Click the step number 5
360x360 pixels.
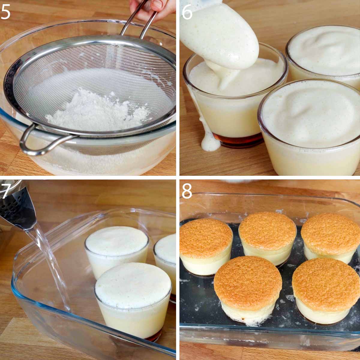click(x=6, y=12)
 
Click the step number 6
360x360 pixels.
click(x=187, y=12)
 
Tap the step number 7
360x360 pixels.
click(x=6, y=190)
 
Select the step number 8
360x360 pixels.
click(x=187, y=191)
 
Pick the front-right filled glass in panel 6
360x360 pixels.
click(x=309, y=127)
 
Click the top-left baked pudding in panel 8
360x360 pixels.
click(x=205, y=247)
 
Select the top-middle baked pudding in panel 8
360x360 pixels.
click(x=268, y=238)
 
